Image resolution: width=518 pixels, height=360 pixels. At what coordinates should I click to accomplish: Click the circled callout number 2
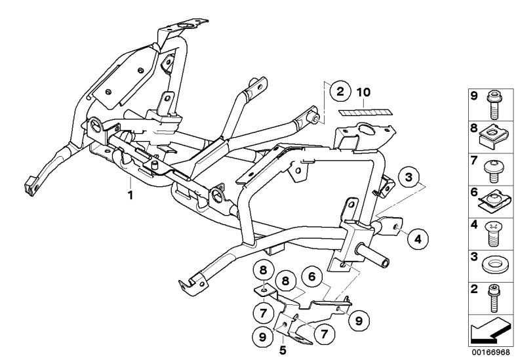(340, 91)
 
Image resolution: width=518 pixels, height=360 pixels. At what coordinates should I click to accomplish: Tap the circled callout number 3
(409, 177)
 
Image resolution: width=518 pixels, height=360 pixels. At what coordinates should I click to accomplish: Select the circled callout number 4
(418, 239)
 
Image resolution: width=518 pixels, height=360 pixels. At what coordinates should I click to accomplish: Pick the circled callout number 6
(312, 277)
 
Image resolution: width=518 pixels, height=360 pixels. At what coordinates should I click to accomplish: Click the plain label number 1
(130, 195)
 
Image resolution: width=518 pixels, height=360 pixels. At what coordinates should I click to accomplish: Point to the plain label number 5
(283, 350)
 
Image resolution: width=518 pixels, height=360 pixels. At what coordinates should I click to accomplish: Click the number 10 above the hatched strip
(363, 92)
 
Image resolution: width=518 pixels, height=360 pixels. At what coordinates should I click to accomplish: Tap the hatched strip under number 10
(364, 112)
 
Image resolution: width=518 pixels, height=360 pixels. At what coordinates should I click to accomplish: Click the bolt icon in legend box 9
(494, 104)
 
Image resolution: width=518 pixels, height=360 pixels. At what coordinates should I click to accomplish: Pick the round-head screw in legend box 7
(493, 170)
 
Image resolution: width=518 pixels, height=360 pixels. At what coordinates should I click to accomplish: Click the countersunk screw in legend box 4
(494, 233)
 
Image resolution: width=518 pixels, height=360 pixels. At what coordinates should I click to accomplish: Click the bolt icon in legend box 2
(494, 298)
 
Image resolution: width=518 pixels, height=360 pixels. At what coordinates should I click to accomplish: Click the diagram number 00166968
(490, 352)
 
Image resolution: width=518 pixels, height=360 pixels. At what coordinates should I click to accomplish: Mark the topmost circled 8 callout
(264, 270)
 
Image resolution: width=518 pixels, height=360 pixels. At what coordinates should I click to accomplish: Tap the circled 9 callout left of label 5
(262, 336)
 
